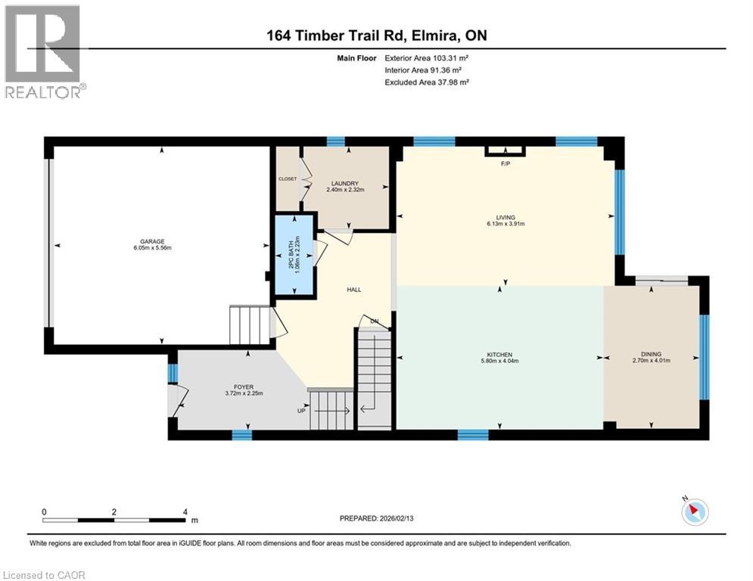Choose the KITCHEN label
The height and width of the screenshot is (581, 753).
(499, 355)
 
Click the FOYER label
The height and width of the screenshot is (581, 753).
(243, 387)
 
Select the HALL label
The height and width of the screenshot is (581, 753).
(354, 290)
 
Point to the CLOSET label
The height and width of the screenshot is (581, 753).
(288, 179)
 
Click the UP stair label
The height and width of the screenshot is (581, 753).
(301, 411)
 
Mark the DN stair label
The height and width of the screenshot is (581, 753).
(374, 321)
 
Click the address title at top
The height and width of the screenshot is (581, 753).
(376, 36)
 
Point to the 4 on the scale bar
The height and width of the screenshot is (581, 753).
(185, 511)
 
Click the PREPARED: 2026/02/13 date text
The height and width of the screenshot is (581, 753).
(381, 518)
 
